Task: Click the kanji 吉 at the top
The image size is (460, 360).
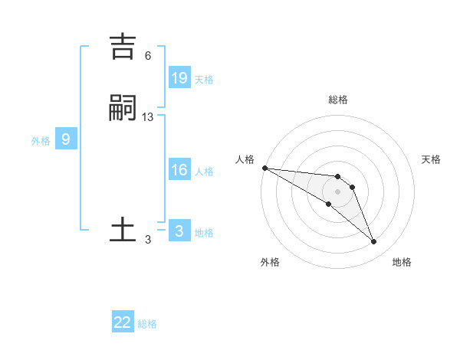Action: (x=123, y=46)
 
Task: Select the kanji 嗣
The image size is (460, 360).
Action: (x=123, y=108)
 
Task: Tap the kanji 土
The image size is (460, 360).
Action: (x=123, y=230)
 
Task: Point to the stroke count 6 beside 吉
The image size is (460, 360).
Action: (x=148, y=56)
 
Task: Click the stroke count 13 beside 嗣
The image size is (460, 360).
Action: (x=148, y=117)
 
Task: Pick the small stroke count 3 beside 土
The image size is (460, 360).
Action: (x=148, y=240)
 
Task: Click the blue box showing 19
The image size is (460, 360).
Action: (x=179, y=78)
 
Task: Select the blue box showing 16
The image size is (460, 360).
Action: (x=179, y=170)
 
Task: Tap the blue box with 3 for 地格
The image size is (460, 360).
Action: (x=179, y=231)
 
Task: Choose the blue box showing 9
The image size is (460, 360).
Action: (x=66, y=139)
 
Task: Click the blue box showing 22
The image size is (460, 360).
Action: (x=123, y=322)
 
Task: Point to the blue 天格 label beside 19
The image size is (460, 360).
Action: (x=204, y=80)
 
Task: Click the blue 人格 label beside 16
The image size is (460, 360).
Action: (x=204, y=172)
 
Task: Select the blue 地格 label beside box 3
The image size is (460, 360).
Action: (x=204, y=233)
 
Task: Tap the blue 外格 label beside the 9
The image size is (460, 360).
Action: (x=41, y=141)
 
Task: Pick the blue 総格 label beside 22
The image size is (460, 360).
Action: (x=147, y=324)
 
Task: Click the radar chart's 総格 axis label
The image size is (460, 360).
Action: (x=337, y=100)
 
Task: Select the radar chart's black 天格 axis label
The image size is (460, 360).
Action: (x=432, y=159)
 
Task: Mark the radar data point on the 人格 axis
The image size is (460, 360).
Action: (x=264, y=168)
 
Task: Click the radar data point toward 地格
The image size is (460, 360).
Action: (x=373, y=242)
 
